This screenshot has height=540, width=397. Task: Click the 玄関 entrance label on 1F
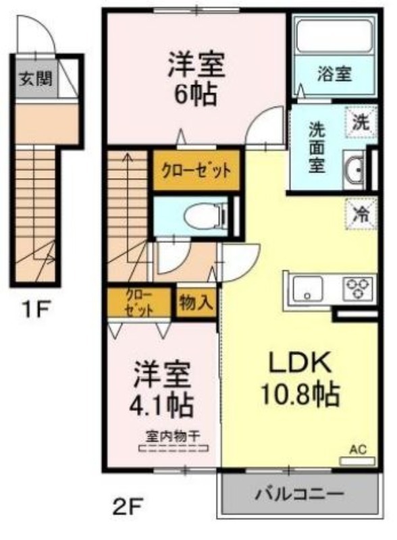click(x=36, y=79)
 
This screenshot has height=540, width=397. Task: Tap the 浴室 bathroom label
click(x=334, y=74)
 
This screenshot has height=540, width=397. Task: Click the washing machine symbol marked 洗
click(x=361, y=123)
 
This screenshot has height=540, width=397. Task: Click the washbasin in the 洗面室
click(x=354, y=169)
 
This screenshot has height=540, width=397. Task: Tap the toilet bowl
click(x=205, y=217)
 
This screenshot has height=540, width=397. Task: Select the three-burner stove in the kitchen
click(x=359, y=288)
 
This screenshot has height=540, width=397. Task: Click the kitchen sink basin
click(x=307, y=289)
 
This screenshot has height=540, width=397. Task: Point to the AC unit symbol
click(x=357, y=460)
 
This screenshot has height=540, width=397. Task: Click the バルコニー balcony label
click(x=299, y=495)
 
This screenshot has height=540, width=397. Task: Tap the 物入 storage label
click(x=194, y=303)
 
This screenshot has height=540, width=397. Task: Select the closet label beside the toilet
click(x=196, y=170)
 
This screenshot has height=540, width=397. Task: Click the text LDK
click(x=300, y=362)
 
